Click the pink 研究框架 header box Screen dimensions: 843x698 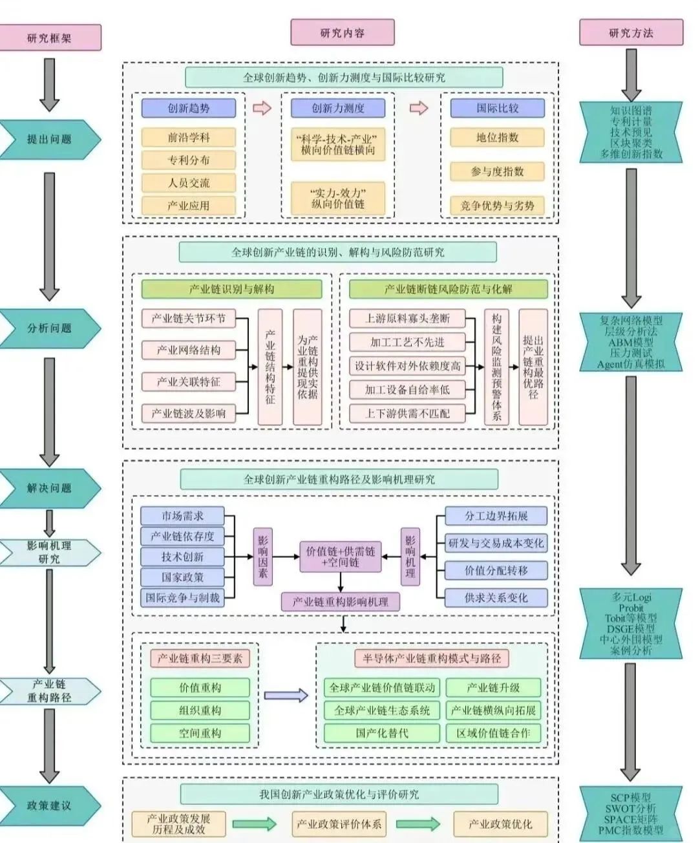[x=50, y=37]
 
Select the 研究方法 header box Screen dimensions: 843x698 [x=631, y=32]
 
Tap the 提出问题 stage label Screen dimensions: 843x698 [x=50, y=139]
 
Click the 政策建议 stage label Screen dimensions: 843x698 [x=50, y=806]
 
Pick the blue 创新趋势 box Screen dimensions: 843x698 [x=189, y=108]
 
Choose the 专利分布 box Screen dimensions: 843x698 [x=189, y=160]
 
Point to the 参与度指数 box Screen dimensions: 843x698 [x=497, y=171]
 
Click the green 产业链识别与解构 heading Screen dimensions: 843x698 [x=231, y=289]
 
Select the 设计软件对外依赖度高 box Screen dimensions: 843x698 [x=407, y=366]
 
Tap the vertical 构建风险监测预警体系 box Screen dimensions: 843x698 [x=496, y=367]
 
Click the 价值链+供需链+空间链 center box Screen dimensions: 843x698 [x=341, y=557]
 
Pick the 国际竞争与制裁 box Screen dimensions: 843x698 [x=182, y=597]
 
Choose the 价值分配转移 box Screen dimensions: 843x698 [x=496, y=570]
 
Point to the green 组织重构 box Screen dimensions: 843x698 [x=200, y=710]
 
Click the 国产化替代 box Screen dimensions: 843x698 [x=381, y=733]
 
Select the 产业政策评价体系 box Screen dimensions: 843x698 [x=339, y=824]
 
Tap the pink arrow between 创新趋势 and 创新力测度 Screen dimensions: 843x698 [x=262, y=108]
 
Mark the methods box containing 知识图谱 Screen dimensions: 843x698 [x=631, y=133]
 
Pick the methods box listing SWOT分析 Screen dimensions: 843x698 [x=631, y=813]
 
